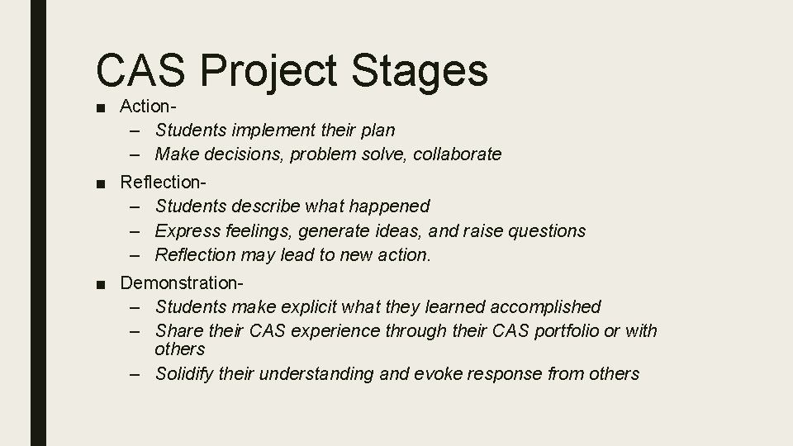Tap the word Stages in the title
[419, 71]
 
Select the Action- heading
[150, 106]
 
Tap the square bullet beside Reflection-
[100, 182]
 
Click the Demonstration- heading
[182, 282]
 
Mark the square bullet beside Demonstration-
[100, 283]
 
